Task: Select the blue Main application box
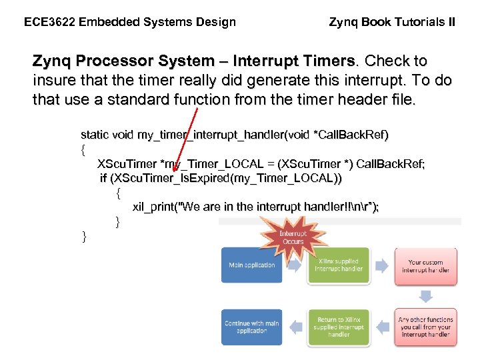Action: [x=251, y=265]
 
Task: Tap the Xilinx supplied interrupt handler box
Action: [x=338, y=265]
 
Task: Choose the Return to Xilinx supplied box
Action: [x=338, y=327]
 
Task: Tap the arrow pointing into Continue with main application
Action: [x=295, y=327]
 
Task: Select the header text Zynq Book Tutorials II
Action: [x=392, y=22]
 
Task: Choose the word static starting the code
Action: [x=95, y=135]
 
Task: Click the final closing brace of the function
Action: [x=84, y=236]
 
